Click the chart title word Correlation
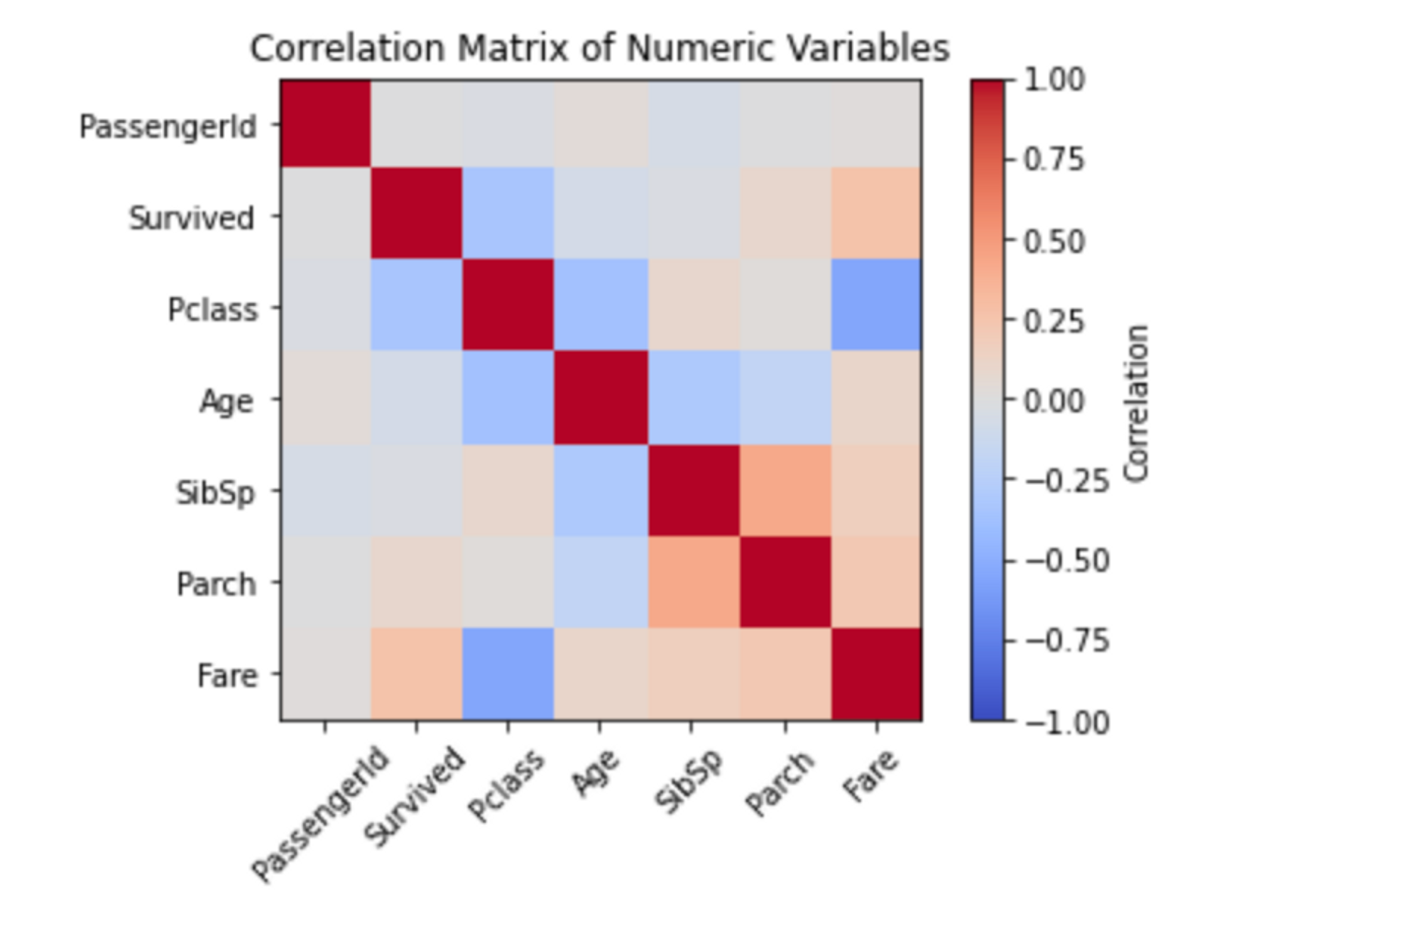pyautogui.click(x=348, y=49)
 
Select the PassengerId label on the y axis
pyautogui.click(x=168, y=127)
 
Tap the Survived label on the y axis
pyautogui.click(x=191, y=218)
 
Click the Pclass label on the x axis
pyautogui.click(x=506, y=785)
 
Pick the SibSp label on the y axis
pyautogui.click(x=215, y=492)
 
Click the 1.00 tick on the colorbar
pyautogui.click(x=1054, y=80)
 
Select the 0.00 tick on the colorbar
pyautogui.click(x=1054, y=401)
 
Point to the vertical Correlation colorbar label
pyautogui.click(x=1137, y=403)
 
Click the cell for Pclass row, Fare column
pyautogui.click(x=876, y=305)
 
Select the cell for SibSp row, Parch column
pyautogui.click(x=785, y=491)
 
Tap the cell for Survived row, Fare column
pyautogui.click(x=876, y=213)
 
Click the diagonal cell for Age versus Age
pyautogui.click(x=600, y=398)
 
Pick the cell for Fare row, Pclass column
pyautogui.click(x=508, y=673)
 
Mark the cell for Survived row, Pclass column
pyautogui.click(x=508, y=213)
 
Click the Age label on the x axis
pyautogui.click(x=596, y=773)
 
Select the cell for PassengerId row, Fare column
pyautogui.click(x=876, y=124)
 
